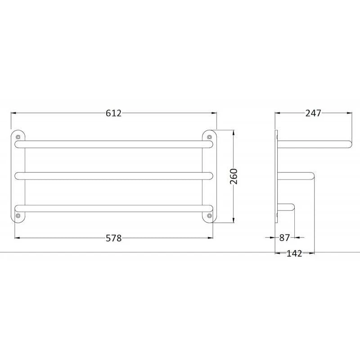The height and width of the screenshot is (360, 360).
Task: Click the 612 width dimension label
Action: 113,113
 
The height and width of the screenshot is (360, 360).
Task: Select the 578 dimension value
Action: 113,238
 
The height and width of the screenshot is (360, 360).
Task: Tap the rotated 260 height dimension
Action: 234,176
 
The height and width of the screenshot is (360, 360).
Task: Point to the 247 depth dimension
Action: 313,113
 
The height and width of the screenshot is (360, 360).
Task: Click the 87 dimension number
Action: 285,238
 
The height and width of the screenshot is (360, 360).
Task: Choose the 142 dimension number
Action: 295,253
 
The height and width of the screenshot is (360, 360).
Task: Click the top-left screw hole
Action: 18,137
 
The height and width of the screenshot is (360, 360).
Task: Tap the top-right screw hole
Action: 209,137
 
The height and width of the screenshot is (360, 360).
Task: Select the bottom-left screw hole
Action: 18,216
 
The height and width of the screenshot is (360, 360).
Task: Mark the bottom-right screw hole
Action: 209,216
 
